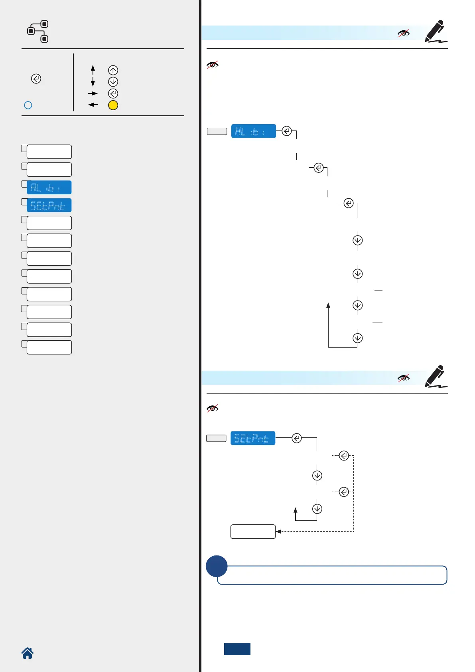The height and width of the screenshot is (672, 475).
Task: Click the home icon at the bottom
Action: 28,653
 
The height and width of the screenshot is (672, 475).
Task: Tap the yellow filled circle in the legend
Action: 113,105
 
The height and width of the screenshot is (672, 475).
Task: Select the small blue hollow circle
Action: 28,105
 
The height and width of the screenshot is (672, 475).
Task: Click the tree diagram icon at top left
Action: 38,32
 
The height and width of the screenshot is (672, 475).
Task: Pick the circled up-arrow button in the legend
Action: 113,70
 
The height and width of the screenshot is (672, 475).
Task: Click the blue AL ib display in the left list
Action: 49,188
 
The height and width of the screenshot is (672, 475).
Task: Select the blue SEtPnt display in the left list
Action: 49,205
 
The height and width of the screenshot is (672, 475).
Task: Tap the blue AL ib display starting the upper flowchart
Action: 254,131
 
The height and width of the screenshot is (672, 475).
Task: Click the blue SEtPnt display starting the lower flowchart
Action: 253,438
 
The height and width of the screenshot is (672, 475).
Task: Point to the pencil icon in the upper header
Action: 435,32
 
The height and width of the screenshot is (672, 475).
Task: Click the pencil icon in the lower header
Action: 435,376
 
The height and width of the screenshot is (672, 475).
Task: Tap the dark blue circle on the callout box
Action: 217,566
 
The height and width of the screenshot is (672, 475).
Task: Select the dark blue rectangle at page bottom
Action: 237,649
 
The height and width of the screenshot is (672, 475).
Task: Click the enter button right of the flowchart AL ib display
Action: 287,131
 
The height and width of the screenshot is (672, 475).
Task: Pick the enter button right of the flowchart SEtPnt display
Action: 297,438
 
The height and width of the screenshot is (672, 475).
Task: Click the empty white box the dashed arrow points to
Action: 253,532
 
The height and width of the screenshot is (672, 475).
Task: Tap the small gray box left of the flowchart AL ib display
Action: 217,131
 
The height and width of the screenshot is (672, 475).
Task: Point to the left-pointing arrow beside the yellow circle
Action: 93,105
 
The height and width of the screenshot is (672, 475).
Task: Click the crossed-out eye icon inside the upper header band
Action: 404,33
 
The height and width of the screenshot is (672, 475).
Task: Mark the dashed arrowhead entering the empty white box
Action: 278,532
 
